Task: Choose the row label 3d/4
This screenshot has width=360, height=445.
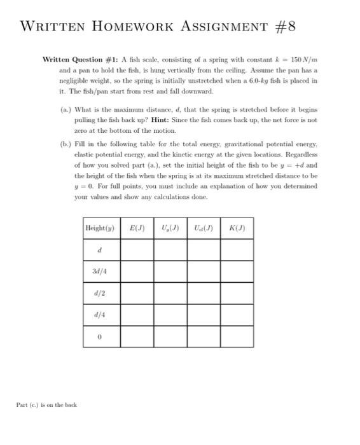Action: tap(100, 271)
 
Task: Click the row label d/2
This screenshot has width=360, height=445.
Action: tap(100, 294)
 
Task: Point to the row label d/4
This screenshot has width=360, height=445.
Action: tap(100, 315)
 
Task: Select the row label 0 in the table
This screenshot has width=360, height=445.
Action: tap(100, 338)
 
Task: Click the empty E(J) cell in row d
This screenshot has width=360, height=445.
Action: tap(137, 250)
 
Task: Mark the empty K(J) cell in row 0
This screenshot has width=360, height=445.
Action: tap(237, 338)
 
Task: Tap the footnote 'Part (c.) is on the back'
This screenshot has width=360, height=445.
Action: tap(46, 405)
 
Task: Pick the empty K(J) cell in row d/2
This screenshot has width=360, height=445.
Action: tap(237, 294)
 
